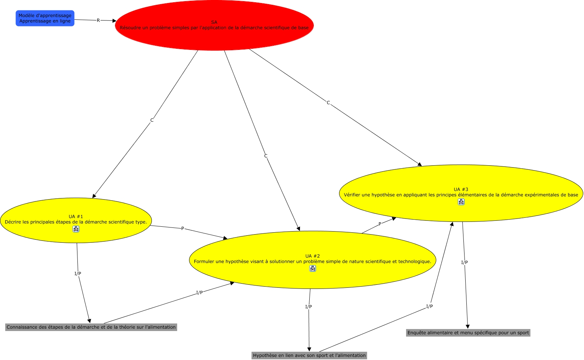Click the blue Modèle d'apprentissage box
[45, 18]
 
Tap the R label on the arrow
[98, 20]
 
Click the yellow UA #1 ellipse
[76, 212]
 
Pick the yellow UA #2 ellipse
[312, 249]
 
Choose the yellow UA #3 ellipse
[461, 182]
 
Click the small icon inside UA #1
[76, 229]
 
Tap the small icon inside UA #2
[313, 268]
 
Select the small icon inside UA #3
[461, 202]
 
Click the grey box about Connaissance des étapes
[91, 327]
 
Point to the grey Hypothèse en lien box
[309, 356]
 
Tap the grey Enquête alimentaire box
[468, 333]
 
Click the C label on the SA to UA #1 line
[152, 120]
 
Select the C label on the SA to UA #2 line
[266, 156]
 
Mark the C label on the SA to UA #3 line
[328, 103]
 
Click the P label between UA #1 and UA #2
[183, 229]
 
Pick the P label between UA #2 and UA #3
[380, 224]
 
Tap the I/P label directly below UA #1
[78, 274]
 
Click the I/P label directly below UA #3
[465, 262]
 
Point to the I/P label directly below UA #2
[309, 307]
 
